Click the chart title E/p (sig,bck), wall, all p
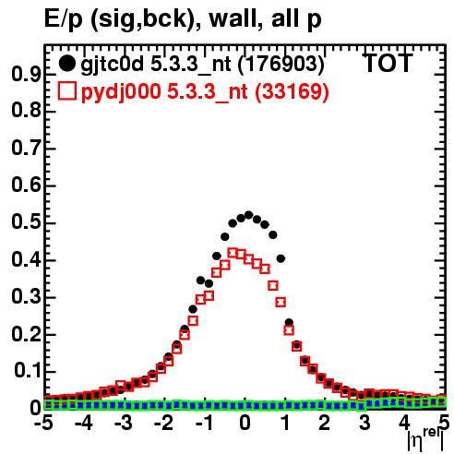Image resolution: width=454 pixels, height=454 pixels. point(183,19)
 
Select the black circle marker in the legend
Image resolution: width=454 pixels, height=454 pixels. point(66,64)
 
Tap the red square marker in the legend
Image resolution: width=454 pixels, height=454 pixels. point(66,91)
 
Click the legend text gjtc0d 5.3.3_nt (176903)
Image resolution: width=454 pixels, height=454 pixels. point(202,64)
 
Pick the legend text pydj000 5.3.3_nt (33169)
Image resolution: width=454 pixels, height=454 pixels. point(205,91)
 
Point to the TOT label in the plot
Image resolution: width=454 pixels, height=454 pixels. point(388,64)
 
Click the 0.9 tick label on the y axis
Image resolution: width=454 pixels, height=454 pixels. point(26,74)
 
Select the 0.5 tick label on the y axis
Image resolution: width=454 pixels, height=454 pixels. point(26,222)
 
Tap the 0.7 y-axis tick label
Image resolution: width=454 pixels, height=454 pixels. point(26,149)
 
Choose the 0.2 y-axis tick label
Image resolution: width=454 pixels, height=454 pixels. point(26,334)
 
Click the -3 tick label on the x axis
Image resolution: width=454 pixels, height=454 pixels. point(124,423)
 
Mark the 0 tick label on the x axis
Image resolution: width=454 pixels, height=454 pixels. point(245,423)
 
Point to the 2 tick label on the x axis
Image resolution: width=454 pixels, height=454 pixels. point(325,423)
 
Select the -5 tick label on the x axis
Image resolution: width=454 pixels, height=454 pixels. point(43,423)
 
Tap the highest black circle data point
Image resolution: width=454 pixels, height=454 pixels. point(248,215)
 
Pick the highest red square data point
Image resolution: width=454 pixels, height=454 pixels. point(233,253)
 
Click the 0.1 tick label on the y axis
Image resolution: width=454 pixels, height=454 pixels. point(28,371)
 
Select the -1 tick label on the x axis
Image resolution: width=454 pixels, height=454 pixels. point(205,423)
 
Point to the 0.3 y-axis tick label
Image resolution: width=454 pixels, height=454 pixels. point(26,297)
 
